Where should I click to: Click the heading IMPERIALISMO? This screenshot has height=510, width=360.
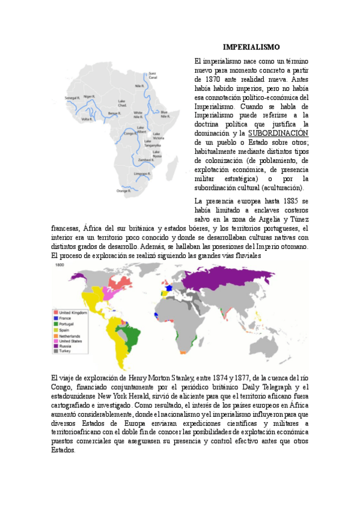[x=251, y=47]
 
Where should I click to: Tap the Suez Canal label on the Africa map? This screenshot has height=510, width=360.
[x=152, y=76]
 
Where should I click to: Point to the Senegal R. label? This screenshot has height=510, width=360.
[x=72, y=97]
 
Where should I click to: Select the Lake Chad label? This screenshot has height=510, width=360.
[x=122, y=103]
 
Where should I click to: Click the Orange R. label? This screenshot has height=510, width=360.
[x=123, y=191]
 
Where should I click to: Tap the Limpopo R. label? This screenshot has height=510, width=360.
[x=141, y=173]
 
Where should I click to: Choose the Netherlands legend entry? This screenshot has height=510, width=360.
[x=71, y=335]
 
